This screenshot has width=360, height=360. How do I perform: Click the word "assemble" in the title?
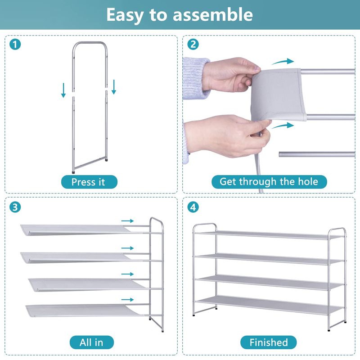click(212, 14)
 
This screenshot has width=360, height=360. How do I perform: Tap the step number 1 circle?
click(15, 45)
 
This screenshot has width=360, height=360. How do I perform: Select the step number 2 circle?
click(193, 44)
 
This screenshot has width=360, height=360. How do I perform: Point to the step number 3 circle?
click(15, 207)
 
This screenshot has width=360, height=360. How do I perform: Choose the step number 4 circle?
click(193, 207)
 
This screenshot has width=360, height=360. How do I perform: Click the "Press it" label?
click(89, 182)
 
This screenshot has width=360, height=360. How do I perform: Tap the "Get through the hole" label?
click(269, 182)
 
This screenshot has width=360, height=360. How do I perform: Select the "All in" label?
click(92, 342)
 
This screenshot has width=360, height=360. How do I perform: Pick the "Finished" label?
click(268, 342)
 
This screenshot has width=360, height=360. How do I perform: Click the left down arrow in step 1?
click(63, 90)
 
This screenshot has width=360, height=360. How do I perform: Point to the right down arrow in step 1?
click(114, 87)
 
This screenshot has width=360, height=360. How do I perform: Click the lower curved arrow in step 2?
click(283, 126)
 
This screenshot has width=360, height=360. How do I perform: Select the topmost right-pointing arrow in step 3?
click(127, 221)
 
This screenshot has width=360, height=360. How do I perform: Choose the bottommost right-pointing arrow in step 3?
click(127, 300)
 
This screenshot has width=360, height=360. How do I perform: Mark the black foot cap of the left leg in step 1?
click(73, 171)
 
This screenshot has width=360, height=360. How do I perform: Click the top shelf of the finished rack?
click(269, 235)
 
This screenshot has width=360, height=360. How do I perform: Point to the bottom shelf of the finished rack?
click(269, 305)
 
